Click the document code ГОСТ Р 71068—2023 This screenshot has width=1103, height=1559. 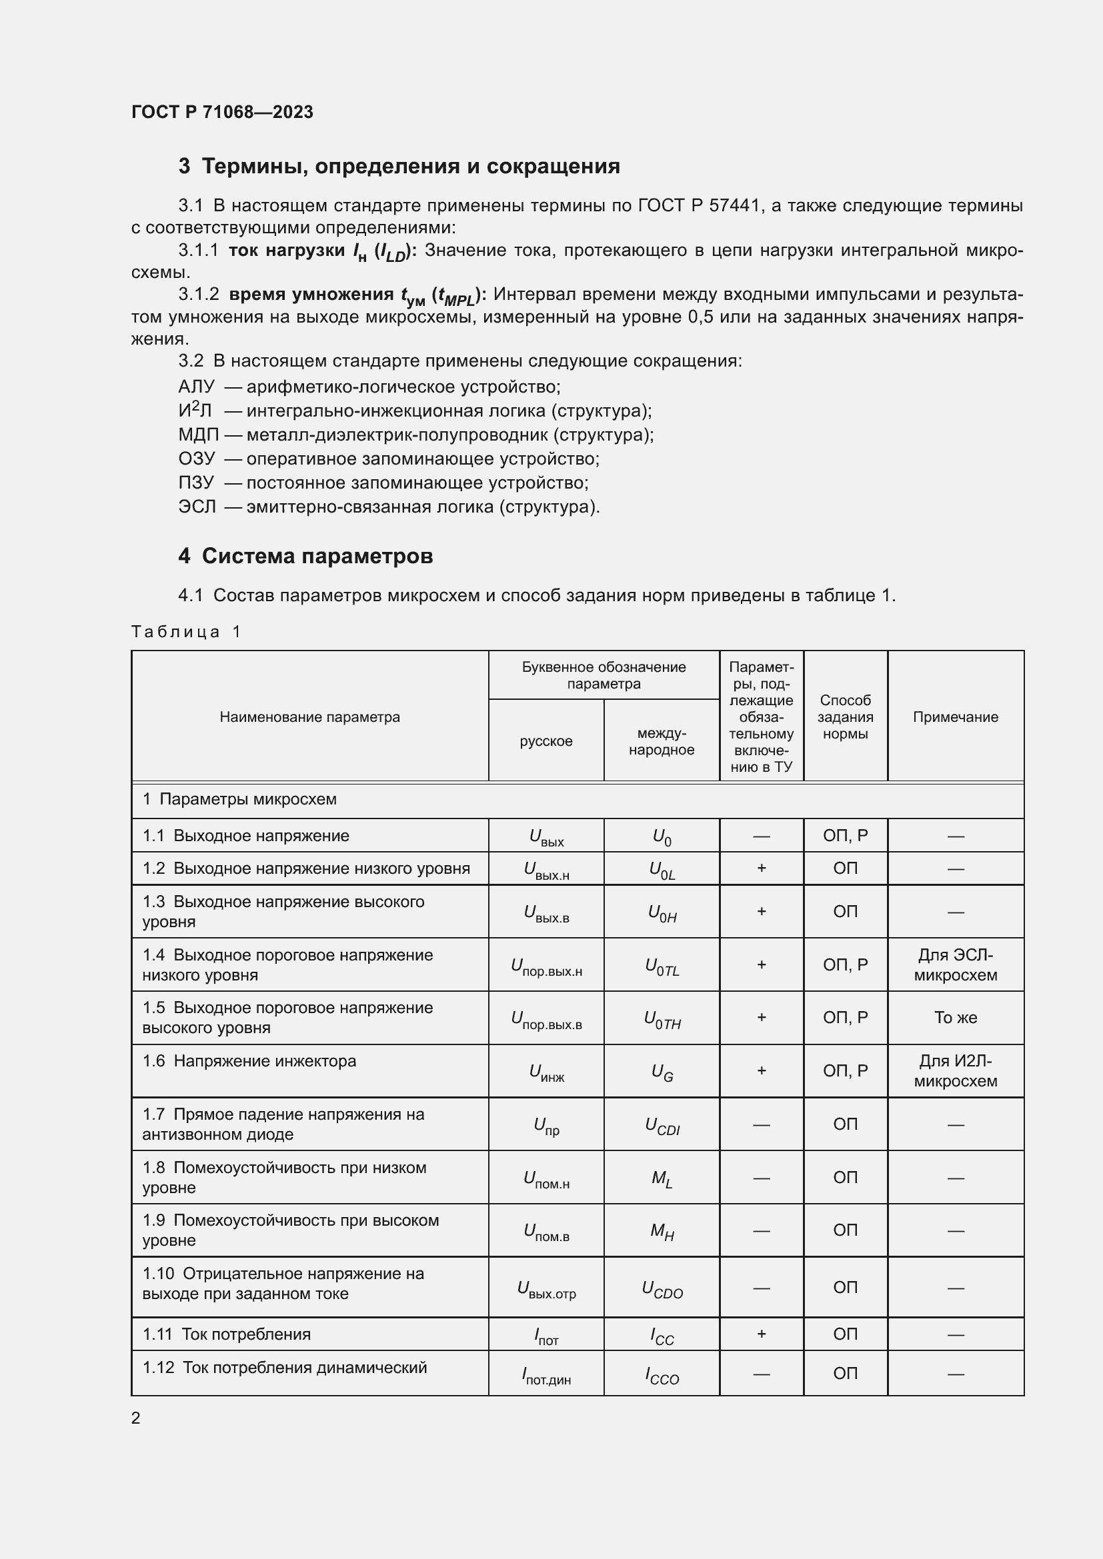point(222,112)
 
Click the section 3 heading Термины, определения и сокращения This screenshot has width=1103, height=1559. point(399,167)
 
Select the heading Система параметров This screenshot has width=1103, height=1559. point(305,556)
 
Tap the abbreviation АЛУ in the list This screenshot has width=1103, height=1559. point(195,387)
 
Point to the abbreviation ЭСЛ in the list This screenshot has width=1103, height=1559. point(197,507)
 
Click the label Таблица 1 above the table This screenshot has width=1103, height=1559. point(186,631)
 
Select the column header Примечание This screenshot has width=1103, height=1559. point(955,717)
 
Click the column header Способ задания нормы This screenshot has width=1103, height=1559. point(845,717)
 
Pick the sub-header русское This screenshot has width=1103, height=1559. point(546,741)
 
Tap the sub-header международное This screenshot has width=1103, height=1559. point(662,741)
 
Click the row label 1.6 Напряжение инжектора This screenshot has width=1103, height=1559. point(249,1060)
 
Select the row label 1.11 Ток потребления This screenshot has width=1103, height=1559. point(227,1334)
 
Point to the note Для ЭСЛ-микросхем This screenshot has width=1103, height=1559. point(955,965)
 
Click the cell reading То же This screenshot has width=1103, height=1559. point(955,1017)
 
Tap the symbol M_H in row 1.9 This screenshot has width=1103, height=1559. point(662,1230)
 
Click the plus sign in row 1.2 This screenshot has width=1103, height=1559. point(762,868)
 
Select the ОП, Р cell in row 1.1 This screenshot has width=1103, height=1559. point(845,835)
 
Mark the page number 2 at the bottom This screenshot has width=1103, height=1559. point(136,1418)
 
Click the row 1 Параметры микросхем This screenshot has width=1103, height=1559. point(240,799)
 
